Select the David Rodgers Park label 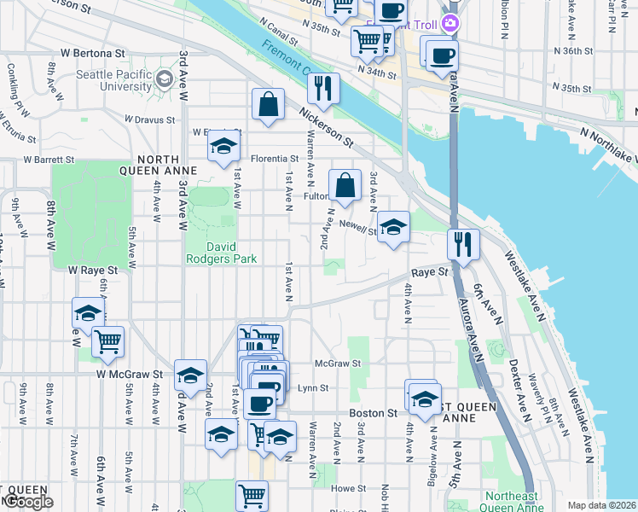pos(221,251)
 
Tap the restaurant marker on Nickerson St pos(323,87)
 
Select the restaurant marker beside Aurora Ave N pos(463,243)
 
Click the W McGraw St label pos(129,374)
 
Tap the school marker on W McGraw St pos(190,375)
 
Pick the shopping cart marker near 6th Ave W pos(107,341)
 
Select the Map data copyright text pos(602,505)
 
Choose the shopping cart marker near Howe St pos(252,494)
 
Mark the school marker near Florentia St pos(223,146)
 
